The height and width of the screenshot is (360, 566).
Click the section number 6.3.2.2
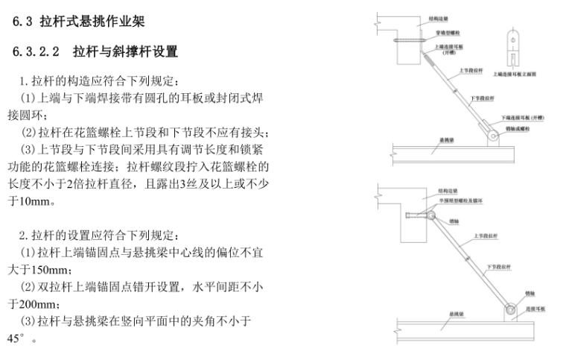coord(38,52)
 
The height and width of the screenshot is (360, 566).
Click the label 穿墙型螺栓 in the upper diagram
coord(447,33)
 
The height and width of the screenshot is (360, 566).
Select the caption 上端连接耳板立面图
coord(514,75)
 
